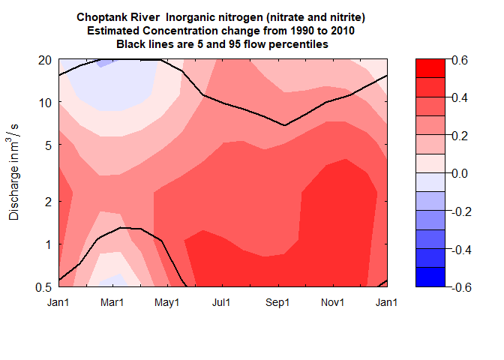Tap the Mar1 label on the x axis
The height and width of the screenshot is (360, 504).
[x=112, y=302]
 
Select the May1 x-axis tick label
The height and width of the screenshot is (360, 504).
[x=167, y=302]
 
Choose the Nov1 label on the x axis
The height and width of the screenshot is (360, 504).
[x=332, y=302]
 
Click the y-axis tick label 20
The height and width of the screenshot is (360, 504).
[x=43, y=60]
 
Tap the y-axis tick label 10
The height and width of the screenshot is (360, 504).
[x=43, y=102]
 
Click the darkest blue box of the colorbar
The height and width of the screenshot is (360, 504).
[x=431, y=277]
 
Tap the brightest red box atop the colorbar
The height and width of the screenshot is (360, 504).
[x=431, y=69]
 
